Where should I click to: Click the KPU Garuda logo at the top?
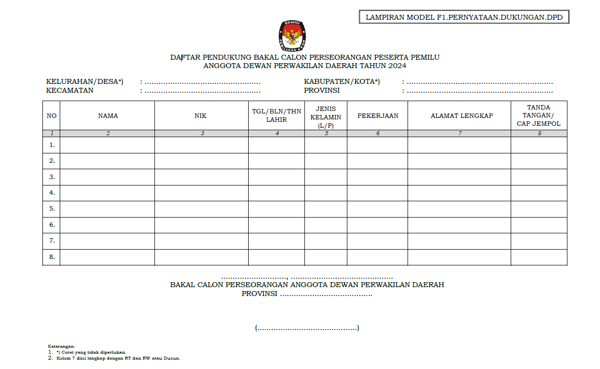click(x=292, y=36)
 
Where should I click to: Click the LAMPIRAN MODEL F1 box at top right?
click(x=464, y=17)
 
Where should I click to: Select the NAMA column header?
click(x=108, y=116)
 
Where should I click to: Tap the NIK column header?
click(x=201, y=116)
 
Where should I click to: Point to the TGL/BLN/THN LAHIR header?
click(x=276, y=116)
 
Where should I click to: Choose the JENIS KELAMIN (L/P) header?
click(x=326, y=117)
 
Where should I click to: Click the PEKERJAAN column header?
click(x=377, y=116)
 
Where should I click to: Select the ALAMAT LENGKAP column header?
click(x=459, y=116)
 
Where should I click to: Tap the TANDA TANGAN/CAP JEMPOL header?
click(x=539, y=116)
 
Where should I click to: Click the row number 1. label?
click(x=52, y=145)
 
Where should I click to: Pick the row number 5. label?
click(x=52, y=209)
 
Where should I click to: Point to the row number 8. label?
click(x=52, y=257)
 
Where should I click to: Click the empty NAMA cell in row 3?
click(x=108, y=177)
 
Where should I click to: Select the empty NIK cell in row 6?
click(x=201, y=225)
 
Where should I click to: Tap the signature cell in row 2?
click(x=539, y=161)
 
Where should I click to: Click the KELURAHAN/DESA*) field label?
click(x=84, y=82)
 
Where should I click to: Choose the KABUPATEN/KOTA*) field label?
click(x=342, y=82)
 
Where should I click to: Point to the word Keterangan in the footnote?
click(x=62, y=347)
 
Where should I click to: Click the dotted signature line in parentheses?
click(x=307, y=328)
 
